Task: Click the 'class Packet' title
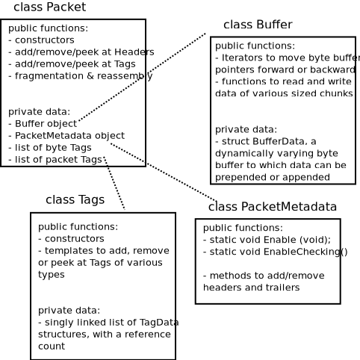(x=49, y=7)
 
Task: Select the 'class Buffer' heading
(x=258, y=25)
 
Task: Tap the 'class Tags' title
(x=75, y=199)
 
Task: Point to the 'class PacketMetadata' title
(x=272, y=207)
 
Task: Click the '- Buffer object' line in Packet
(x=43, y=123)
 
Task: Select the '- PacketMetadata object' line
(x=66, y=135)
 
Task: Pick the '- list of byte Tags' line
(x=50, y=147)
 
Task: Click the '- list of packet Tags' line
(x=55, y=159)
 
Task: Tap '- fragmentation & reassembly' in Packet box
(x=80, y=75)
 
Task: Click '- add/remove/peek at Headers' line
(x=81, y=52)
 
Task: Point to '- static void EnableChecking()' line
(x=275, y=252)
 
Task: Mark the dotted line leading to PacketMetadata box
(x=164, y=173)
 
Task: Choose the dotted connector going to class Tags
(x=114, y=183)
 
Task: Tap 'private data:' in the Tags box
(x=69, y=310)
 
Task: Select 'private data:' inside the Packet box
(x=39, y=111)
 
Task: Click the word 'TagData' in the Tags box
(x=159, y=322)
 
